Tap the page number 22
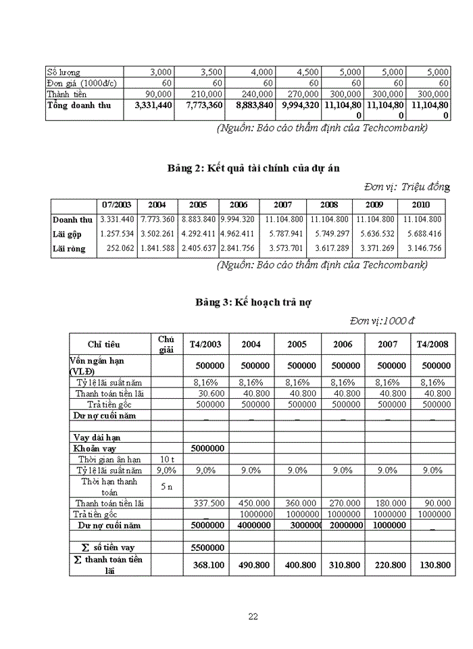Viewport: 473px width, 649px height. (253, 616)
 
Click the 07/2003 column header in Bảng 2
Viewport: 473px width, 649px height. (117, 205)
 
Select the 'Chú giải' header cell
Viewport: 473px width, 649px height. (166, 344)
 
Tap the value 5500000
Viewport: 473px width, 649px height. (205, 546)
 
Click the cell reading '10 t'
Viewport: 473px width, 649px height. (166, 459)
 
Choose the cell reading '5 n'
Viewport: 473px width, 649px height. (166, 486)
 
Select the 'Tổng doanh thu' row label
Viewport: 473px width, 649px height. (76, 105)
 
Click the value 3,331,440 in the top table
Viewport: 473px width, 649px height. (153, 105)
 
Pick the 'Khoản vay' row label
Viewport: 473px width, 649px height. (94, 448)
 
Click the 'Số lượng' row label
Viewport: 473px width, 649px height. (64, 72)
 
